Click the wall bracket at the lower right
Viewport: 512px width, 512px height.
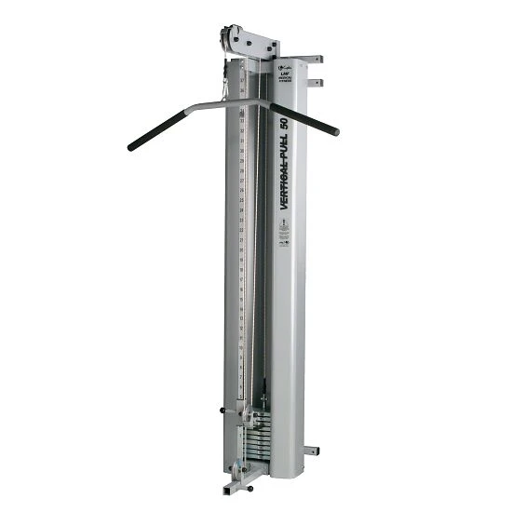pos(311,451)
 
